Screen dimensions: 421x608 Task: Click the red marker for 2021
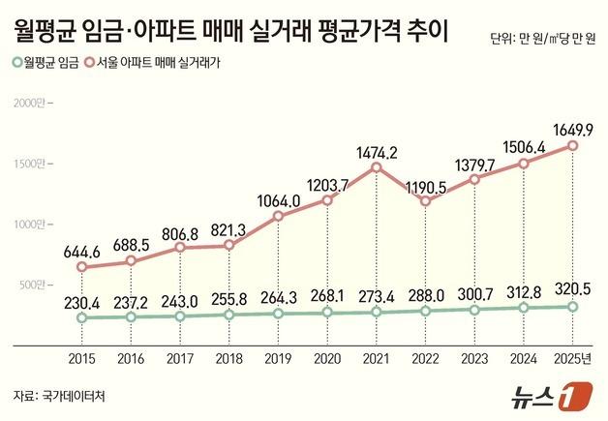(x=376, y=167)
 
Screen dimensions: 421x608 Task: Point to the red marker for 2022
(x=425, y=201)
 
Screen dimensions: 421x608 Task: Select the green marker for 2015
(x=81, y=317)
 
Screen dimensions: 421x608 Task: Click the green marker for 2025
(x=573, y=307)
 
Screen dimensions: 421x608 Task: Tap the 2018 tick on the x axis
(x=229, y=357)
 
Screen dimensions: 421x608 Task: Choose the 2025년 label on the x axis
(x=572, y=357)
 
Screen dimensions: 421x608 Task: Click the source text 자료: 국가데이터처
(x=59, y=396)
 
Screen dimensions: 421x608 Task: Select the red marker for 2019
(x=278, y=216)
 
